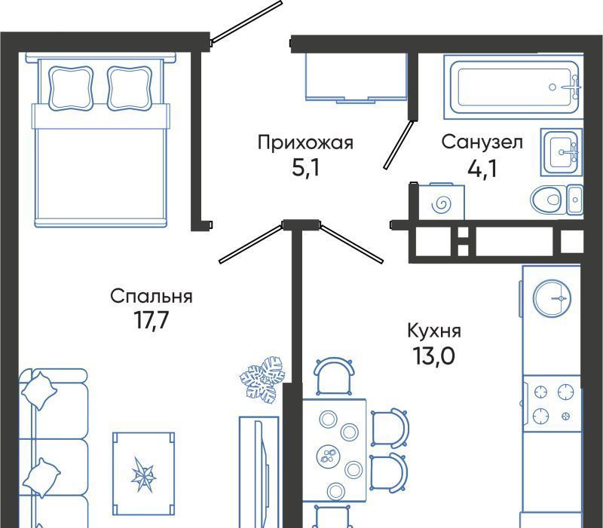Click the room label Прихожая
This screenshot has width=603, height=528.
[x=305, y=142]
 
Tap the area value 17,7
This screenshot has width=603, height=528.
[x=152, y=319]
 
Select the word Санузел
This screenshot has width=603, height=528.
[x=482, y=142]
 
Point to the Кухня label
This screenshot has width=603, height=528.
[x=434, y=331]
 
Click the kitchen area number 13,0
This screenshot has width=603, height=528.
[x=433, y=356]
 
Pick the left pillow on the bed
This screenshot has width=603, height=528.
[x=71, y=88]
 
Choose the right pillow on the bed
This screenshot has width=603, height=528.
[x=129, y=88]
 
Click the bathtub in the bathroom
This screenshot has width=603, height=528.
[x=513, y=87]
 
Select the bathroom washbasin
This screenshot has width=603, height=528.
[x=562, y=152]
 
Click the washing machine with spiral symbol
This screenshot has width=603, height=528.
[x=441, y=202]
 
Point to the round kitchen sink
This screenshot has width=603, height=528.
[x=552, y=298]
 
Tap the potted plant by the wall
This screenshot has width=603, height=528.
[x=262, y=380]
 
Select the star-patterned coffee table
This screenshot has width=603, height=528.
[x=143, y=474]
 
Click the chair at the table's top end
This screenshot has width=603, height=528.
[x=334, y=377]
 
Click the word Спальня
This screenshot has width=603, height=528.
[x=152, y=297]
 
